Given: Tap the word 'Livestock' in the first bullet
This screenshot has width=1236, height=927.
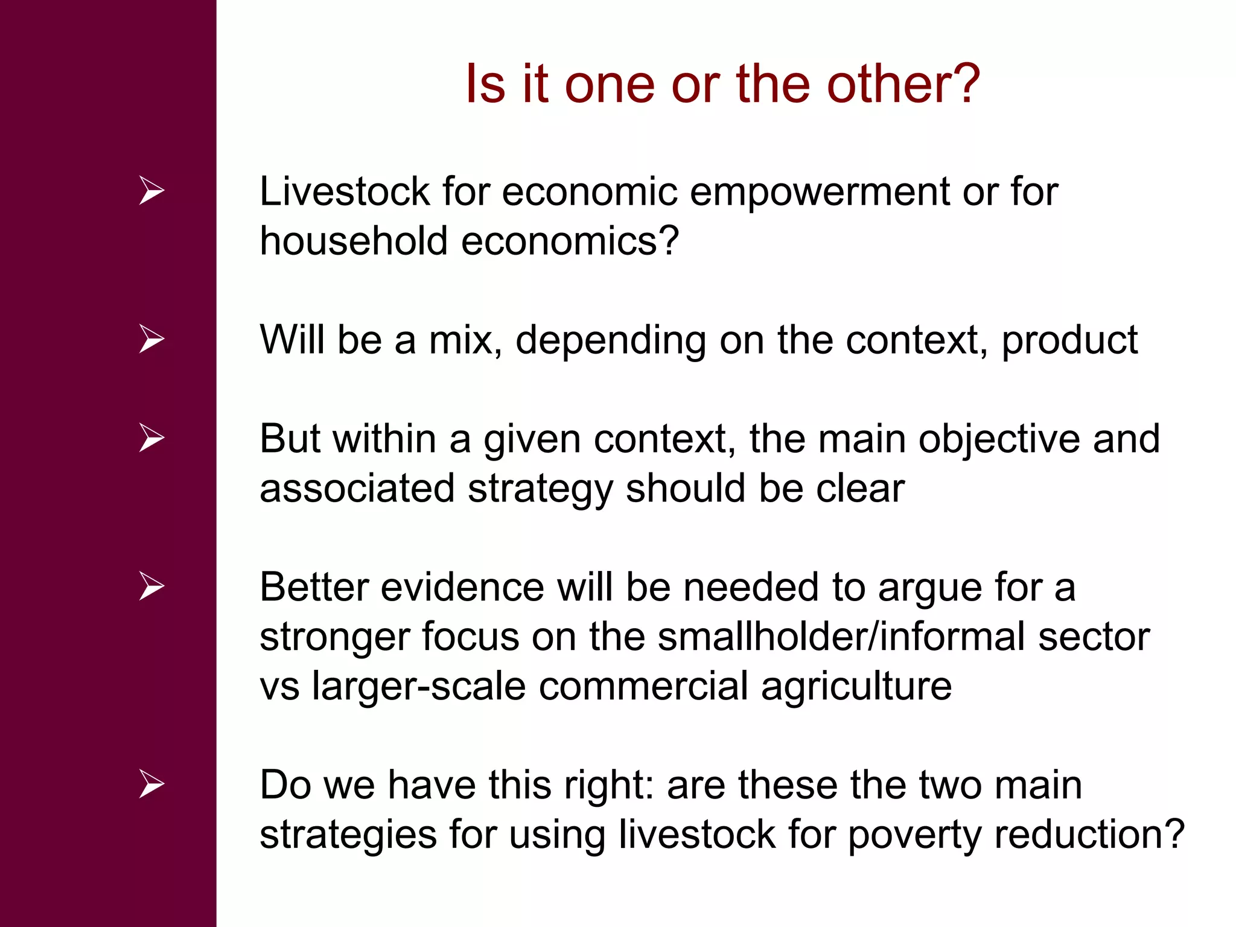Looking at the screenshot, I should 344,192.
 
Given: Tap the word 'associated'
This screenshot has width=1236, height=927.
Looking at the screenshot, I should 357,488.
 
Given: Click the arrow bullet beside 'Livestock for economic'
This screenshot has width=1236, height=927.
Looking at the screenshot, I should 151,191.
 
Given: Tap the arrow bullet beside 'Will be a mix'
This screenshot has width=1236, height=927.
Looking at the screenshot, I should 151,339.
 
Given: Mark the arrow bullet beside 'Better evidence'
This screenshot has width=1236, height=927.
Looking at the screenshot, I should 151,586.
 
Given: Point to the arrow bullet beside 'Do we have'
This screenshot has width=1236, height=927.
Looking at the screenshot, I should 151,784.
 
